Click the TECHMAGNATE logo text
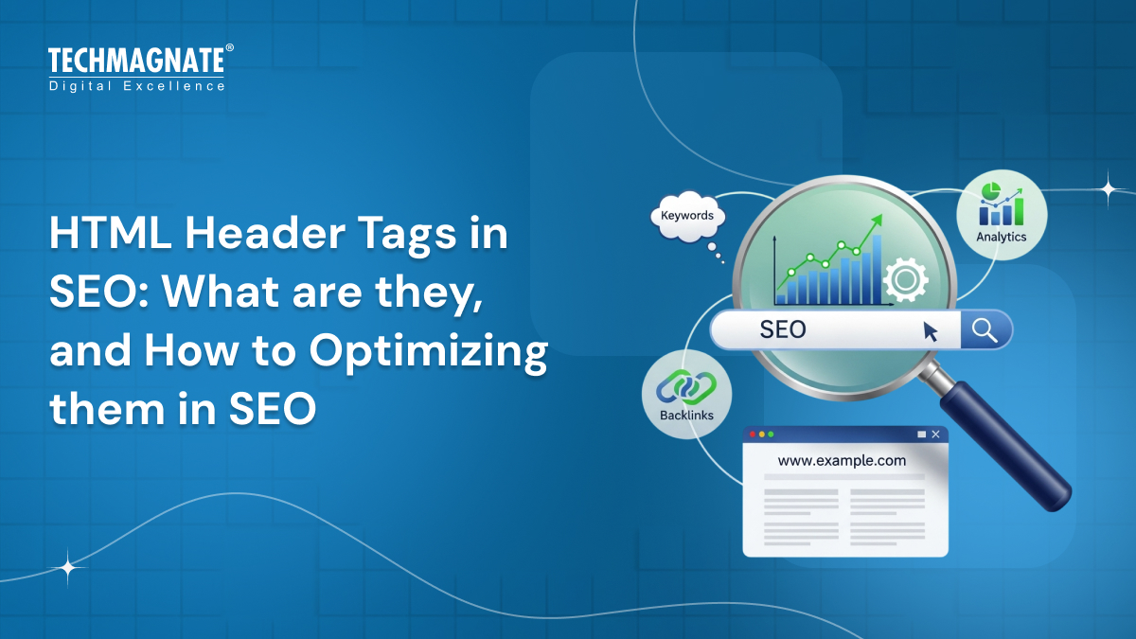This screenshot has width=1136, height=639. click(136, 62)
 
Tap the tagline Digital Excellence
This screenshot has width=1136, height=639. click(136, 86)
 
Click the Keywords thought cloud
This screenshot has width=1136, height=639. click(687, 217)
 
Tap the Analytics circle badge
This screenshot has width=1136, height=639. click(1001, 214)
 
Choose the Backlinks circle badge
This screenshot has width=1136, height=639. click(686, 394)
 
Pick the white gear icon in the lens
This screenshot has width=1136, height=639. click(904, 280)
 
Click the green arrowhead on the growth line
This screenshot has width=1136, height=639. click(877, 221)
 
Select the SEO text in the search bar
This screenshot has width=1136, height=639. click(783, 329)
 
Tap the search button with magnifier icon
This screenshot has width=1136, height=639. click(985, 330)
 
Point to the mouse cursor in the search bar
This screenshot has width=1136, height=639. click(931, 330)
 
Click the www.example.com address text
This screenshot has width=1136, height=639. click(842, 461)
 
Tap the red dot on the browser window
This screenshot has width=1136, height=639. click(753, 435)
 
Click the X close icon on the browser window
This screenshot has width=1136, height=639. click(936, 435)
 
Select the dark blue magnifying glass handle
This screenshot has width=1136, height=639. click(1009, 445)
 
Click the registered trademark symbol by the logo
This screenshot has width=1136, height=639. click(229, 48)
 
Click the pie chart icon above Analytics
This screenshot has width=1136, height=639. click(991, 193)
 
